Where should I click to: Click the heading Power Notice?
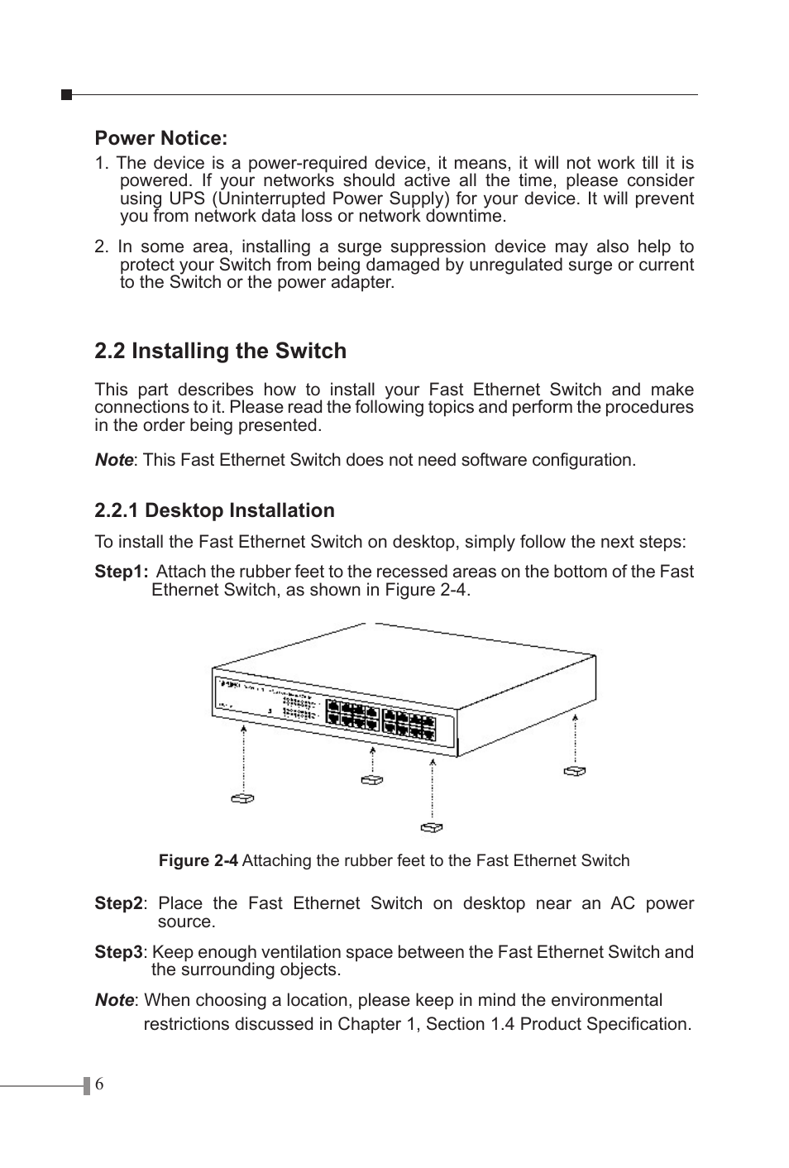coord(160,138)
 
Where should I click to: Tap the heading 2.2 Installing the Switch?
coord(220,351)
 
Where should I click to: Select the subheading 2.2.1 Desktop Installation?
coord(214,510)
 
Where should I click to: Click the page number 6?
coord(99,1085)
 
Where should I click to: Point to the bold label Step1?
coord(122,572)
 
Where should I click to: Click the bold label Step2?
coord(118,903)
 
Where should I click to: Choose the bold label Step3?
coord(118,952)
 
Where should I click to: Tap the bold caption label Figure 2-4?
coord(198,860)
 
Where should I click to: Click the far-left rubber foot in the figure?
coord(242,798)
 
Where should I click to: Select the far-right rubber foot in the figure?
coord(575,771)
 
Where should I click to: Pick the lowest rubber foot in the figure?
coord(431,826)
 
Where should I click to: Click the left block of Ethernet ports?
coord(351,715)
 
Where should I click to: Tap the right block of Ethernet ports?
coord(409,723)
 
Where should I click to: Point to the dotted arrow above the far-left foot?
coord(244,757)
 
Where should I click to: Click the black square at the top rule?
coord(67,95)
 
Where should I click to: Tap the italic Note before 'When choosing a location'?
coord(113,1000)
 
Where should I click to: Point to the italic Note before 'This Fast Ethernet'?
coord(113,460)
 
